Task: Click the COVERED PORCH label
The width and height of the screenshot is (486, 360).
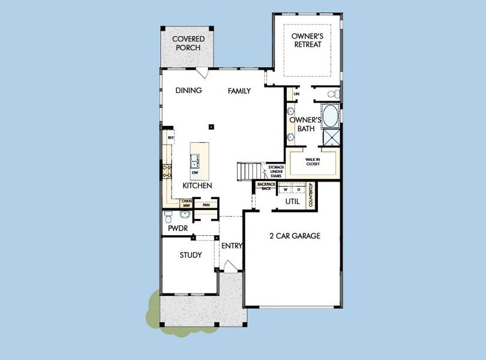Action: (x=188, y=43)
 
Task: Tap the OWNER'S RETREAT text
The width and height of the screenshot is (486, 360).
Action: (x=307, y=40)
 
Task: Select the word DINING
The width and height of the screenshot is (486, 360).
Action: (x=188, y=91)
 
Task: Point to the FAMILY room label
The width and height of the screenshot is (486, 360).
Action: (x=239, y=91)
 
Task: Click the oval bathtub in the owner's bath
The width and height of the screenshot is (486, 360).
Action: (x=330, y=114)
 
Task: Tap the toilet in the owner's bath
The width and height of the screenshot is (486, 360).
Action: (x=334, y=95)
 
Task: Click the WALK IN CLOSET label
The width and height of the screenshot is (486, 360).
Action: (x=313, y=161)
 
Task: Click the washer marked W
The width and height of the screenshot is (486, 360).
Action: (x=286, y=189)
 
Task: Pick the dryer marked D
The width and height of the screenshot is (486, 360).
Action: (x=298, y=189)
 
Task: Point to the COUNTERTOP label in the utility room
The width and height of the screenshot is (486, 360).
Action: (x=311, y=196)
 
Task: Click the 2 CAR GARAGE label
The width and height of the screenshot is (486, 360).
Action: (x=294, y=236)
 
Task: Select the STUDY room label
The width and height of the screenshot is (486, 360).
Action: (x=191, y=255)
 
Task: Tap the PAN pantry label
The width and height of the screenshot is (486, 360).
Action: (x=206, y=205)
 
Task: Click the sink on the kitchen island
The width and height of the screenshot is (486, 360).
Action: (x=195, y=161)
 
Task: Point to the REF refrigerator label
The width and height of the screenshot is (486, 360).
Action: (x=171, y=137)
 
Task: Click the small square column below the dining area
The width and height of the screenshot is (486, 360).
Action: (x=211, y=127)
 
